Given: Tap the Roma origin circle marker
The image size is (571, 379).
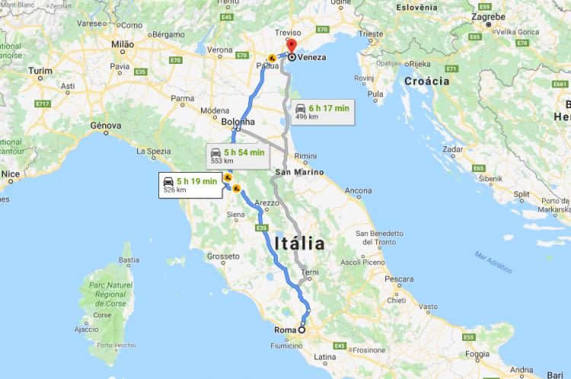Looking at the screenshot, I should pyautogui.click(x=301, y=329).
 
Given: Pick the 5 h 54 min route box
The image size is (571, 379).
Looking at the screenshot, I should pyautogui.click(x=237, y=156).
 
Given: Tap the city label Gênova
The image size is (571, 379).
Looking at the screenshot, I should pyautogui.click(x=106, y=126).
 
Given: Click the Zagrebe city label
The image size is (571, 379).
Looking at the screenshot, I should pyautogui.click(x=488, y=17).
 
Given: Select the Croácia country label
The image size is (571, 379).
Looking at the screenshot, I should pyautogui.click(x=427, y=81).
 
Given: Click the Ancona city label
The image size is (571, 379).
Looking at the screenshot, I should pyautogui.click(x=359, y=190).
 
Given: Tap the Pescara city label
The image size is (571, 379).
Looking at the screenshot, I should pyautogui.click(x=398, y=279).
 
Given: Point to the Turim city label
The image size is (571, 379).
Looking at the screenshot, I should pyautogui.click(x=40, y=71).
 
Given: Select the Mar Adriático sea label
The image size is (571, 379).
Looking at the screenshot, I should pyautogui.click(x=493, y=261).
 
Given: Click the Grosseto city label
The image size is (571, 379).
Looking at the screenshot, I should pyautogui.click(x=223, y=256).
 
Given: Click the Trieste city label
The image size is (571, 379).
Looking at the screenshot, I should pyautogui.click(x=372, y=34).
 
